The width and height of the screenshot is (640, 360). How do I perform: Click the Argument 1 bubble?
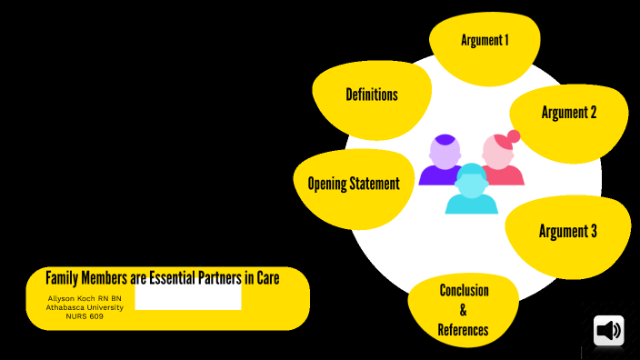click(x=485, y=40)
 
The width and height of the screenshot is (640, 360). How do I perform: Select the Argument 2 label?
click(x=569, y=113)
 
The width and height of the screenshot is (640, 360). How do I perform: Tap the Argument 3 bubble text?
click(x=568, y=231)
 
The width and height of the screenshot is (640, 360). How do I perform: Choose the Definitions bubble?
click(x=371, y=95)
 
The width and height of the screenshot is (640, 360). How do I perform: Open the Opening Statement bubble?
click(x=354, y=184)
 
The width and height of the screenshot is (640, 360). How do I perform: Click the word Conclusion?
click(x=464, y=291)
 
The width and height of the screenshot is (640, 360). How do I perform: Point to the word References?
click(x=463, y=330)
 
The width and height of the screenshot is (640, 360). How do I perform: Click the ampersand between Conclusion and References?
click(x=463, y=311)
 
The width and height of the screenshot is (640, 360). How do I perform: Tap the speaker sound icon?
click(x=609, y=331)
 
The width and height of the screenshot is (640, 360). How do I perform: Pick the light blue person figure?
click(x=472, y=191)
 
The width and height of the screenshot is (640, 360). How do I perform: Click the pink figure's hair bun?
click(x=514, y=137)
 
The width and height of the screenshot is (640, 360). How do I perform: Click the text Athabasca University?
click(x=85, y=307)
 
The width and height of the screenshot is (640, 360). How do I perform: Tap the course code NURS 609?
click(x=85, y=316)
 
